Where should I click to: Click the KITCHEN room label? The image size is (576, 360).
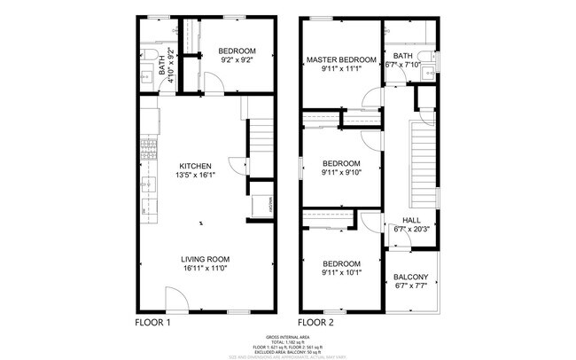click(x=195, y=166)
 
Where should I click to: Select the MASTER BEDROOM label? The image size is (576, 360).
click(x=341, y=60)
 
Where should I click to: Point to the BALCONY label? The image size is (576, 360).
click(x=411, y=277)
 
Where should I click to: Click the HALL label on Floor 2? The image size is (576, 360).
click(x=411, y=220)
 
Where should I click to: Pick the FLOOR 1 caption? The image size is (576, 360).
click(x=152, y=323)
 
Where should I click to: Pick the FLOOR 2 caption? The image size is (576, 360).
click(x=315, y=323)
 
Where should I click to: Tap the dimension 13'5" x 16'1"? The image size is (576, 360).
click(x=195, y=176)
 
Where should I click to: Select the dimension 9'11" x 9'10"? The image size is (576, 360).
click(x=341, y=173)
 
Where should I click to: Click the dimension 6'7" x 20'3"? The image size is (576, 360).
click(x=411, y=230)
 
